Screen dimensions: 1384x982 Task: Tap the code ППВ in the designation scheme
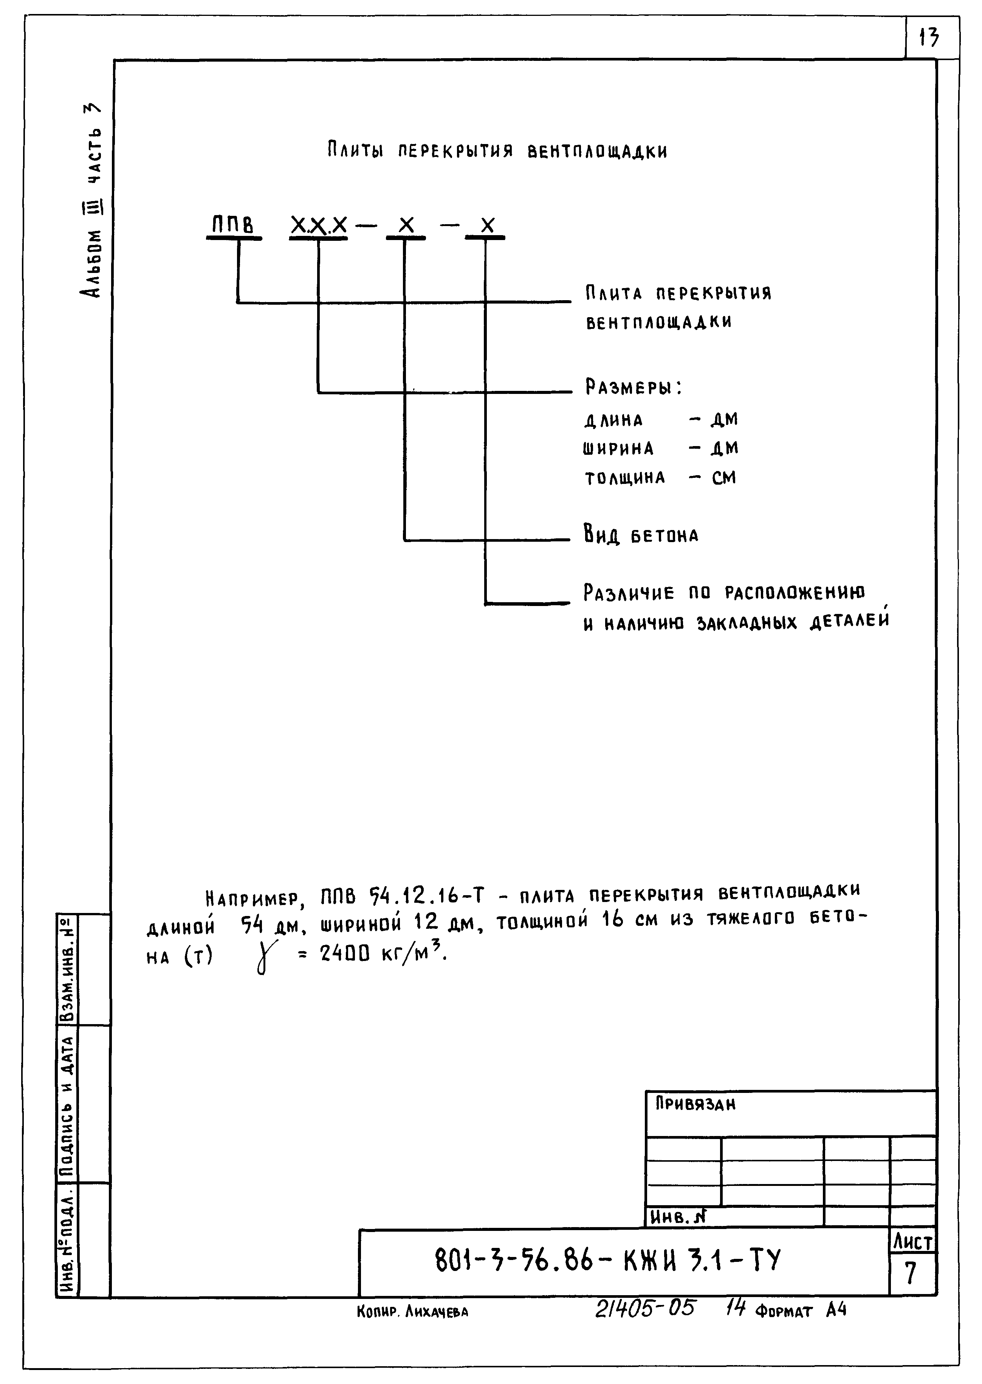232,226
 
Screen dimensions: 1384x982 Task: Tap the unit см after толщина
724,478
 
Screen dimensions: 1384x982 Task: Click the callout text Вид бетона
641,535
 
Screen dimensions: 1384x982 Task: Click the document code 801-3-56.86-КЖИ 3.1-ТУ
608,1261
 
